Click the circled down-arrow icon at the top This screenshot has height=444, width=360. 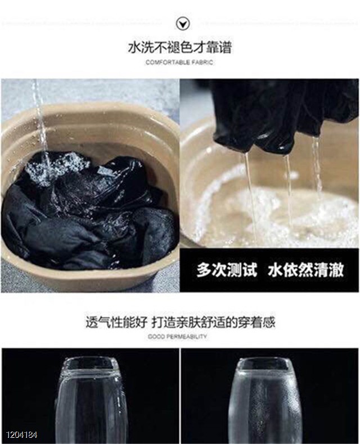183,24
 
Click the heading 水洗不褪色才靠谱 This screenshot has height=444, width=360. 179,48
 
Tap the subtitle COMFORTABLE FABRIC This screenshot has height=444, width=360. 179,62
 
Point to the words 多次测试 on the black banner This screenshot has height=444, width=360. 227,270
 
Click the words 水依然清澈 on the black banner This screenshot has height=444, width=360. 305,270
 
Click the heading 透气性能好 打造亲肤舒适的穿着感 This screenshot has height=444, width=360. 181,322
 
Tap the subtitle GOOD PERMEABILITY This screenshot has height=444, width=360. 177,337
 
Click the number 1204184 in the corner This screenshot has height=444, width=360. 22,434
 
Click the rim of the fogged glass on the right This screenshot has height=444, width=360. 265,364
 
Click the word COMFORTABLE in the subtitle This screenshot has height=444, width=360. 168,62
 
